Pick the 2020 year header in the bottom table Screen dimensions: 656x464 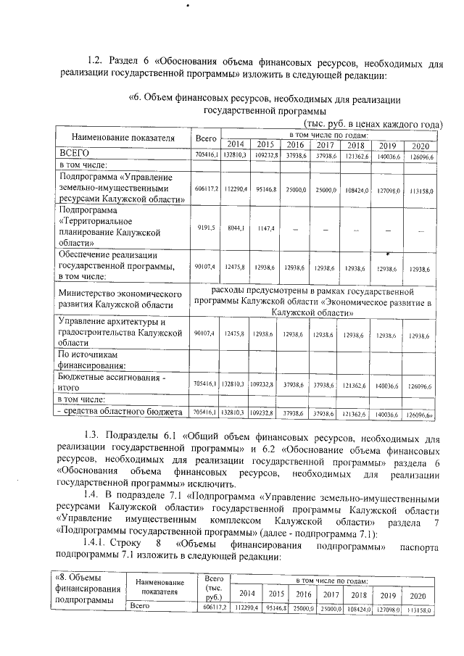pyautogui.click(x=418, y=595)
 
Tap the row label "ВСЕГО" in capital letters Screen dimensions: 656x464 pyautogui.click(x=74, y=154)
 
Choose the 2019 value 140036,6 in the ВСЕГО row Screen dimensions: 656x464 pyautogui.click(x=388, y=155)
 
